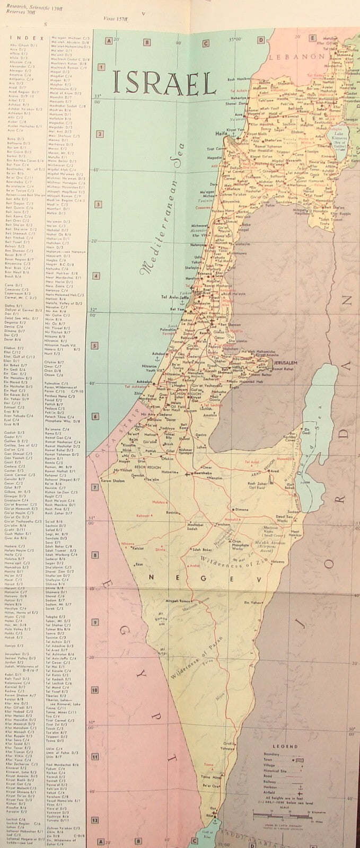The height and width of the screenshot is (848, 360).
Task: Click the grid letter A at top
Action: (x=109, y=41)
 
